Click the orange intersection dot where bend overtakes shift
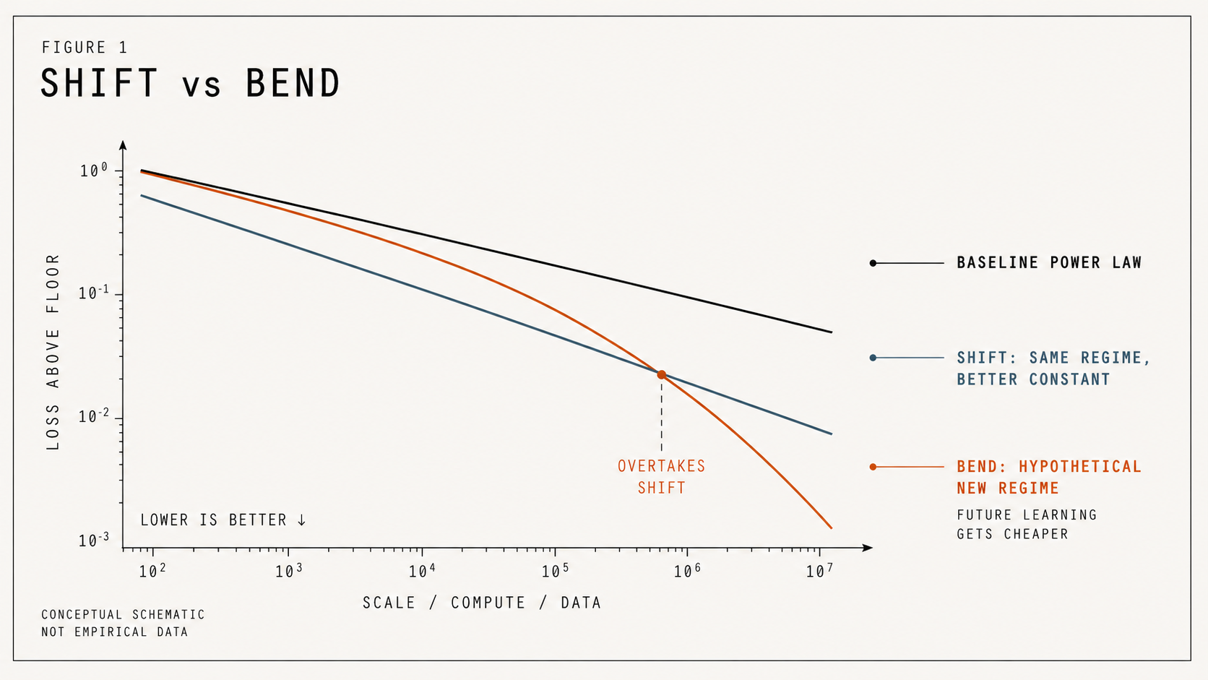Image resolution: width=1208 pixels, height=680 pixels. click(661, 374)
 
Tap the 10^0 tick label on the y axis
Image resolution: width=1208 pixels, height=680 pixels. click(94, 171)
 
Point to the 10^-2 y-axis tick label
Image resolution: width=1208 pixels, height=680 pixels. click(94, 418)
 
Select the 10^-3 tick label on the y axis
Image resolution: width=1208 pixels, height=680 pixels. click(94, 541)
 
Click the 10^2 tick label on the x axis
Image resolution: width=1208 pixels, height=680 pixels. click(152, 572)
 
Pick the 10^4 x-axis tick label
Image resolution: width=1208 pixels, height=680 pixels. click(422, 572)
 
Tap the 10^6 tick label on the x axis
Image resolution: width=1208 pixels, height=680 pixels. click(687, 572)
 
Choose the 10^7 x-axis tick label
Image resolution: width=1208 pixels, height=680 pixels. click(819, 572)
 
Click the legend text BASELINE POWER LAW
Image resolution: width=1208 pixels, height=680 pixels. click(1049, 263)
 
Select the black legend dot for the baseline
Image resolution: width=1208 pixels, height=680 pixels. click(873, 263)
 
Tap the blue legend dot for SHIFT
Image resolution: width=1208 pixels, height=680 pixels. click(873, 358)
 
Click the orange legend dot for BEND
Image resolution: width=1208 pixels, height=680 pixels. click(873, 467)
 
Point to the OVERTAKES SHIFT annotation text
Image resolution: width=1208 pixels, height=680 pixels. click(661, 477)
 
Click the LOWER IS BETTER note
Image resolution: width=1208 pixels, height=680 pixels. click(223, 520)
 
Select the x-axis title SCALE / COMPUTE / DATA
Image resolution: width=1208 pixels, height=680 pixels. click(482, 603)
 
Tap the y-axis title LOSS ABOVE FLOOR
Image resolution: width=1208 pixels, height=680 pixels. click(53, 352)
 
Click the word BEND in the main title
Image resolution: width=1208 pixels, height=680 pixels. click(293, 84)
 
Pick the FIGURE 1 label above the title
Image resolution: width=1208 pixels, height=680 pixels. click(85, 48)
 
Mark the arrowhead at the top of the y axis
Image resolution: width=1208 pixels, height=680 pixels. click(123, 145)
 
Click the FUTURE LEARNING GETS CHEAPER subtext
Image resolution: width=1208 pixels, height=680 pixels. click(1026, 525)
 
